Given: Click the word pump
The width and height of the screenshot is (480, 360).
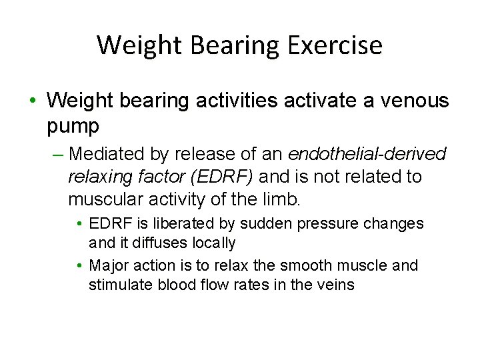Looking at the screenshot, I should pos(73,125).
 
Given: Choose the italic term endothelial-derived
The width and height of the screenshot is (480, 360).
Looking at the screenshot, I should pos(367,154).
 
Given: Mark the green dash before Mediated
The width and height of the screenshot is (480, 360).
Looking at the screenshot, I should pos(57,154).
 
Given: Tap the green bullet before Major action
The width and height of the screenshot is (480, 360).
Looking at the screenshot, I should pos(79,265).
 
